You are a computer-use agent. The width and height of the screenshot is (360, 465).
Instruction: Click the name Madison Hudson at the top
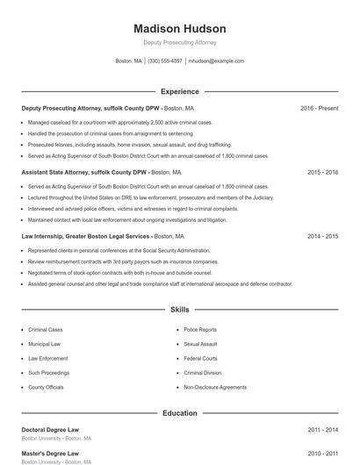(180, 29)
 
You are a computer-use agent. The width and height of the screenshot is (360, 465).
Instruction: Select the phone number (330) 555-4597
(165, 61)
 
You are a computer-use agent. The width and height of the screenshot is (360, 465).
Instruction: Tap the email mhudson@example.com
(216, 61)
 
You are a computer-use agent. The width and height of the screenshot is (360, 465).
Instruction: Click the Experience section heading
(180, 91)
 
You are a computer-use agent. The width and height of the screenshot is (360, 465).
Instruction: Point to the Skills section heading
(180, 310)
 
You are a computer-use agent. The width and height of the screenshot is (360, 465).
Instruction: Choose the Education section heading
(180, 413)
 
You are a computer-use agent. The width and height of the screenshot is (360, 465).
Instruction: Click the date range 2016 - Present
(319, 108)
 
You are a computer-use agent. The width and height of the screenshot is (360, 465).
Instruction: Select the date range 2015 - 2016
(322, 172)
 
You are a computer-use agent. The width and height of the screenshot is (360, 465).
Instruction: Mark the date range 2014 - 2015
(322, 236)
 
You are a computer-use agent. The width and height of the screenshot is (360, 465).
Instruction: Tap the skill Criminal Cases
(46, 330)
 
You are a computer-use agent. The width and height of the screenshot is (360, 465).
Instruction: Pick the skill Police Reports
(200, 330)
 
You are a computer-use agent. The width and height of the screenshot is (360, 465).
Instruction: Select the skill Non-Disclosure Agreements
(214, 387)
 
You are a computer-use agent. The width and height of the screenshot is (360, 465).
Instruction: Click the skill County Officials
(46, 387)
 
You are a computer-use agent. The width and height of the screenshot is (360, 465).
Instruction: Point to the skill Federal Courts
(200, 358)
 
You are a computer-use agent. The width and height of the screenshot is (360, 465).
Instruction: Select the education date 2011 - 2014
(322, 430)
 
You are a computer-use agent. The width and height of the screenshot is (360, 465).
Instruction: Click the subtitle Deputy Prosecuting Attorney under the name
(180, 42)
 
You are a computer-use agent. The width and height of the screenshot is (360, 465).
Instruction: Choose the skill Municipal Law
(44, 344)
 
